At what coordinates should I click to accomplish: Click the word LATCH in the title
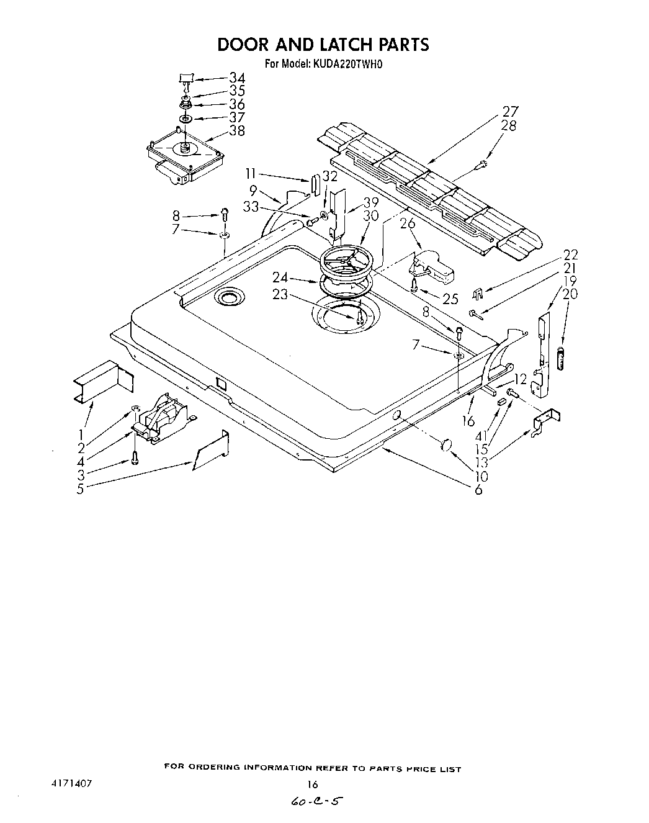(338, 45)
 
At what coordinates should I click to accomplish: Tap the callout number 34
(236, 78)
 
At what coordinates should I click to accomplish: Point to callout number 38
(236, 130)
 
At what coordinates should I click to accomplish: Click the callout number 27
(510, 112)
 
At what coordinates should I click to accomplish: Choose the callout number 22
(570, 254)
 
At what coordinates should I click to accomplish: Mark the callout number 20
(570, 294)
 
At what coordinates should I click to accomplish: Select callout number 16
(468, 421)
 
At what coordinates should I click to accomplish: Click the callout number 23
(280, 294)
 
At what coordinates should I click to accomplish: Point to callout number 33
(251, 208)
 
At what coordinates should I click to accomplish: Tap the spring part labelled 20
(563, 359)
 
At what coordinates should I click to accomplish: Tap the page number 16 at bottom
(313, 784)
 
